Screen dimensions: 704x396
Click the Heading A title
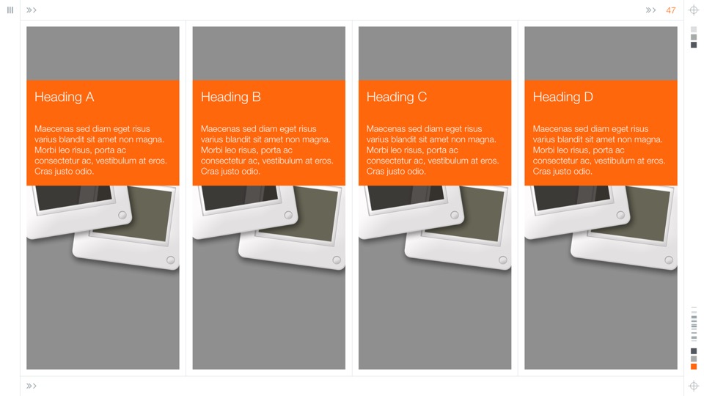[65, 97]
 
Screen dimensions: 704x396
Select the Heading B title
[231, 97]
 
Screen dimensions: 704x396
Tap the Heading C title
[397, 97]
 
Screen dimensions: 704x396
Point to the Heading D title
[563, 97]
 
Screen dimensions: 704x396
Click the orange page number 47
[671, 10]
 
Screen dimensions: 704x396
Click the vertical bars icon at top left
[10, 10]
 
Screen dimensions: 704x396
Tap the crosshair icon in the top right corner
[694, 10]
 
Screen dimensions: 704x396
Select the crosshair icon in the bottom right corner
[694, 386]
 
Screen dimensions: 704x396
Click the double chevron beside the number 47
[650, 10]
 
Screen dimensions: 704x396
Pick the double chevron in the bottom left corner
[32, 386]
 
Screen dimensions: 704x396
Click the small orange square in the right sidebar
[694, 367]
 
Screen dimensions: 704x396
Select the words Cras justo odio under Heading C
[396, 171]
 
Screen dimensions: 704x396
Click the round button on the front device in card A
[171, 260]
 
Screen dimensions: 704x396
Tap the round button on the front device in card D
[669, 260]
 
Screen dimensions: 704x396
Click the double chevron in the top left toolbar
[32, 10]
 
